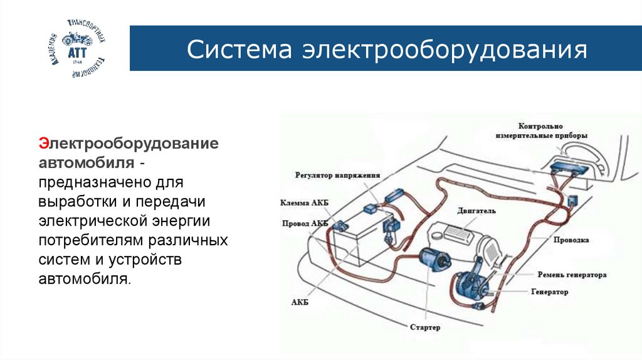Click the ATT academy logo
click(77, 49)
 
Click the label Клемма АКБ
click(305, 203)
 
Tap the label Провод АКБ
click(305, 223)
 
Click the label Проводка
click(571, 240)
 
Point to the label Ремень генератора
click(571, 275)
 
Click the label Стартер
click(425, 327)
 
